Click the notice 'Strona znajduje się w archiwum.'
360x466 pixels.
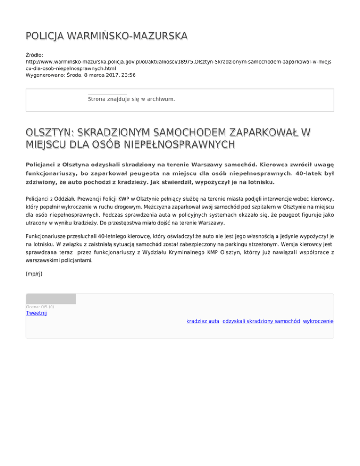[131, 99]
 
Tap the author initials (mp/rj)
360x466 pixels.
[34, 274]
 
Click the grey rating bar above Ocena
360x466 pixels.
[51, 299]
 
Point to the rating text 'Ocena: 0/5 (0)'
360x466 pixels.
[40, 307]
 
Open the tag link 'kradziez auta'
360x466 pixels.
[202, 321]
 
